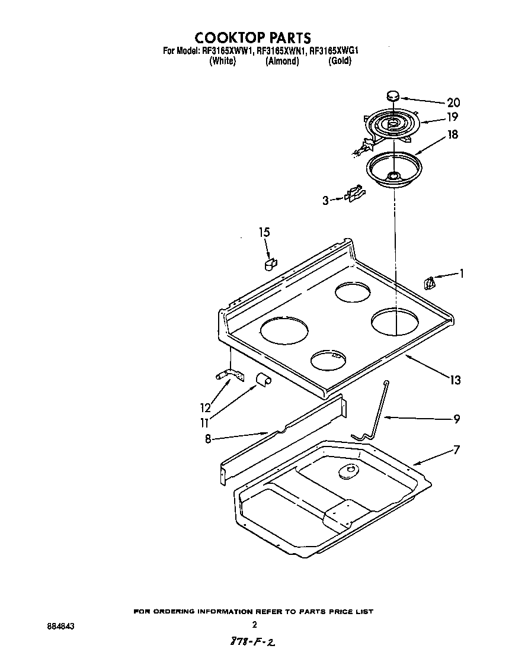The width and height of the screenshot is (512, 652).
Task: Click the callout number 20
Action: click(x=453, y=102)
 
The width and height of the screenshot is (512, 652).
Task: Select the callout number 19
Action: click(x=453, y=117)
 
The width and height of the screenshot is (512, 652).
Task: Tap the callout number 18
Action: click(x=453, y=134)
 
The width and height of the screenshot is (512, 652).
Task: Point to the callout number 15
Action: click(x=264, y=232)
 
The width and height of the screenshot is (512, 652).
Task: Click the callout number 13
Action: click(x=455, y=380)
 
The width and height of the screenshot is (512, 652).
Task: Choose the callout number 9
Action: click(x=456, y=419)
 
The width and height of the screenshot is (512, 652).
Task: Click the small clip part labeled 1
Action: click(x=430, y=284)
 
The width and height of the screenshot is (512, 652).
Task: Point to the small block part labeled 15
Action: click(x=270, y=262)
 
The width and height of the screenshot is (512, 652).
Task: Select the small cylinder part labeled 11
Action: click(x=263, y=380)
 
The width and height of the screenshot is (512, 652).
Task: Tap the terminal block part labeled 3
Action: click(x=354, y=194)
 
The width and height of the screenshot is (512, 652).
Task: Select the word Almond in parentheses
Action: click(x=282, y=61)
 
